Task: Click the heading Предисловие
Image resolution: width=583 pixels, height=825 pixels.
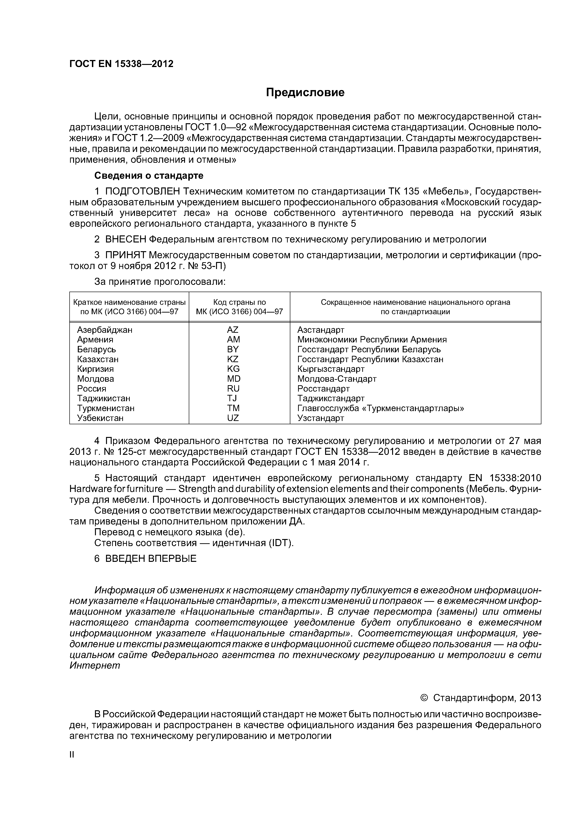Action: (305, 93)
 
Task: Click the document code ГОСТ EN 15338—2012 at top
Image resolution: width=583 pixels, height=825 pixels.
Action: (121, 64)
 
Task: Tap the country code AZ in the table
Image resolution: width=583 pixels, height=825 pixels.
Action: (233, 330)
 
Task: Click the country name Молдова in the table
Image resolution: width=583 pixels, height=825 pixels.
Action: (95, 379)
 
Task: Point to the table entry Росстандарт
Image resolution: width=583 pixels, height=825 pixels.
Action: (323, 389)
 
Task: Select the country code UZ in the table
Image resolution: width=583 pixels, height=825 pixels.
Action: (233, 418)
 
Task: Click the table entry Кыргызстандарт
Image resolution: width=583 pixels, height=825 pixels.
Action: (331, 369)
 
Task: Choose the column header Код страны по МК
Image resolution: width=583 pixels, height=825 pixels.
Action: (239, 307)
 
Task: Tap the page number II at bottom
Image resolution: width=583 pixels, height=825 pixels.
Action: (71, 755)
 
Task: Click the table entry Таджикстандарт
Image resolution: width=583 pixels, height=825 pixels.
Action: (331, 398)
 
